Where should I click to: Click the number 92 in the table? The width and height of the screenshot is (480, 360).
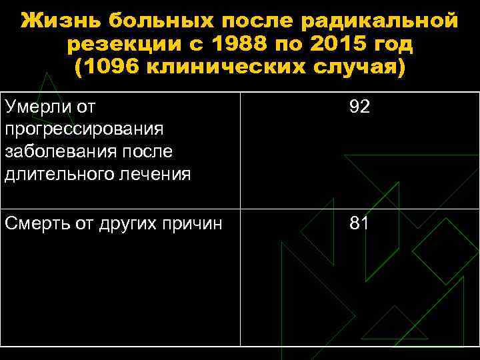click(x=359, y=107)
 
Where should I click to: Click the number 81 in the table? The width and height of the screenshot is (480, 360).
click(x=359, y=223)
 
